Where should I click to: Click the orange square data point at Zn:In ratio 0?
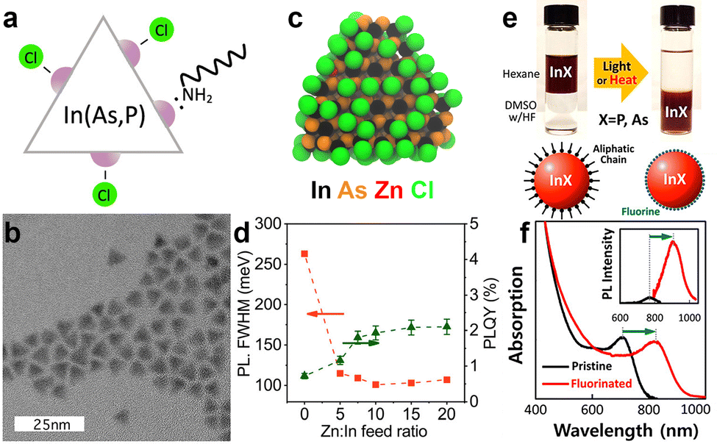pos(305,254)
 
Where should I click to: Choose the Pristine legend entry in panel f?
pos(586,365)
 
